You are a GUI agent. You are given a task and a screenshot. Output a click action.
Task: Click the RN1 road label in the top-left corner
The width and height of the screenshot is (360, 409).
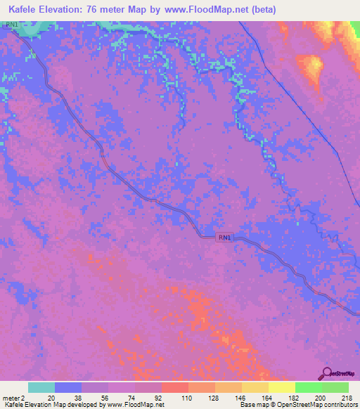(11, 25)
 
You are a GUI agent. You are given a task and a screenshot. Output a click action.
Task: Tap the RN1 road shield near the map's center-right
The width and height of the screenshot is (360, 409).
(224, 238)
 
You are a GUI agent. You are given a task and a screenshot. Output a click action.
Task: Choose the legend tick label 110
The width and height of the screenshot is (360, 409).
(186, 397)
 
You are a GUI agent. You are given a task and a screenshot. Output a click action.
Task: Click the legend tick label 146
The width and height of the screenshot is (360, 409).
(239, 397)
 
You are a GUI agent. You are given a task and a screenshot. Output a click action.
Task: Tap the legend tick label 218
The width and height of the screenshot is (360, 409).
(345, 397)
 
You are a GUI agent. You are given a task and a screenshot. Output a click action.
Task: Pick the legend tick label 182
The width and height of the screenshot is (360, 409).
(292, 397)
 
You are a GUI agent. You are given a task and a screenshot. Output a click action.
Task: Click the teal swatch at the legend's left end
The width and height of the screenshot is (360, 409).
(41, 387)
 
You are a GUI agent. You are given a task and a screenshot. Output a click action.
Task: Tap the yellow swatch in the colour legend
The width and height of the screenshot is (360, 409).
(281, 387)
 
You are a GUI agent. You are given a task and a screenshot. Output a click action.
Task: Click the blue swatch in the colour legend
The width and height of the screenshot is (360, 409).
(67, 387)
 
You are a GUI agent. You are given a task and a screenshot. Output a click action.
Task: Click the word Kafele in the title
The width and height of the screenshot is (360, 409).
(25, 9)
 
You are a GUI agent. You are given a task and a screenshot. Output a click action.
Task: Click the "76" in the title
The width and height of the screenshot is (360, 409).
(96, 9)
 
